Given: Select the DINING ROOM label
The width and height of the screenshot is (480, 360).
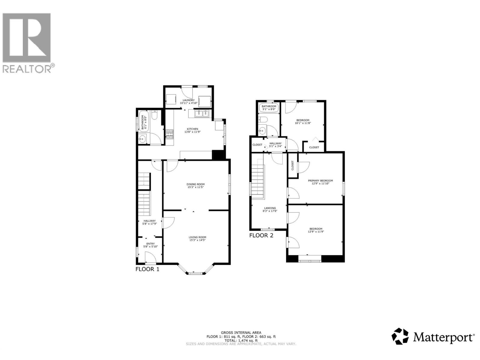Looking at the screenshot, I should point(196,184).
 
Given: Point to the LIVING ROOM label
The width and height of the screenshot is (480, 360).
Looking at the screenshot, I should point(198,237).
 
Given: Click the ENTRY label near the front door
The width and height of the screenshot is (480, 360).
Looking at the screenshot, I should point(150,244).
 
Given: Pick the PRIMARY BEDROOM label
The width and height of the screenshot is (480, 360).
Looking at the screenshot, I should point(320,181).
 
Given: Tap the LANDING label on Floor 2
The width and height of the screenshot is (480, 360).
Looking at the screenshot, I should point(270,208).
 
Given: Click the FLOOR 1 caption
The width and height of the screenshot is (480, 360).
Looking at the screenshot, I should point(147,269).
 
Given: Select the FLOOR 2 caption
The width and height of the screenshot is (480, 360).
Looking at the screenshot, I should point(261,235).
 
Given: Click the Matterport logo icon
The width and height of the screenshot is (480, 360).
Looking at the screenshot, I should point(400,336).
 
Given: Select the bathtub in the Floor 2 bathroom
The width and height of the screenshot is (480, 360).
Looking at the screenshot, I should point(269,108).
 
